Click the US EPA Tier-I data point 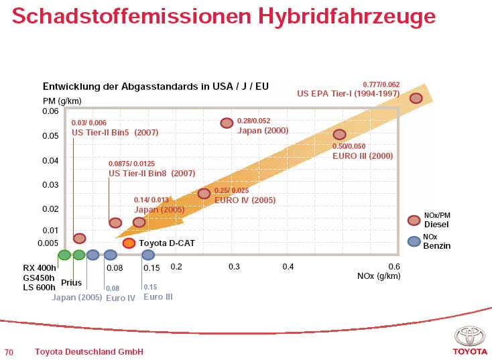[x=416, y=98]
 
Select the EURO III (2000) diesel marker [x=339, y=135]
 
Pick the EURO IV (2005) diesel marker [x=204, y=194]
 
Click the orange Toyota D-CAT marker [x=129, y=243]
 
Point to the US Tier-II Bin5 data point [x=79, y=238]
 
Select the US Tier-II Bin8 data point [x=115, y=223]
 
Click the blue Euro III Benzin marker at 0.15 [x=148, y=255]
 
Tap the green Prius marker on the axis [x=79, y=255]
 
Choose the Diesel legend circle [x=414, y=220]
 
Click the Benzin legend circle [x=414, y=241]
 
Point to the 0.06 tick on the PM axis [x=50, y=111]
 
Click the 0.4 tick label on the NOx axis [x=288, y=267]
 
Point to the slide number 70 [x=9, y=352]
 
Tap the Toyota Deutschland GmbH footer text [x=88, y=352]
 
